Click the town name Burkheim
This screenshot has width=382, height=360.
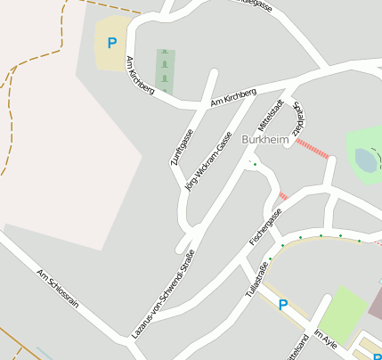[264, 141]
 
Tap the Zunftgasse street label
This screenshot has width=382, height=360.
[182, 148]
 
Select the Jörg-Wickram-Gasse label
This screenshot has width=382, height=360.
[207, 161]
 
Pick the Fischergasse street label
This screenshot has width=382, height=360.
[265, 227]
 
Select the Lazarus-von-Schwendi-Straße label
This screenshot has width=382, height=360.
[163, 295]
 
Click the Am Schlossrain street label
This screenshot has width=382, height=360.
[58, 287]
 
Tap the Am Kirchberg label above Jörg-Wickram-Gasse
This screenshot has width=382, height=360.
[233, 97]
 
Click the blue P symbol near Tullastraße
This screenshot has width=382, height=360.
[283, 305]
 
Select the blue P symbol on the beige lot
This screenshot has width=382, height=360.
[111, 43]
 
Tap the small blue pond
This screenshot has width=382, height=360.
[366, 160]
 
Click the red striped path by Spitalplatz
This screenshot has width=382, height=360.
[313, 147]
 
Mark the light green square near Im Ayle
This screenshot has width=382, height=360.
[342, 312]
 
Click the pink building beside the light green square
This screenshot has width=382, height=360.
[376, 303]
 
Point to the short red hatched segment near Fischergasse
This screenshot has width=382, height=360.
[283, 195]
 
